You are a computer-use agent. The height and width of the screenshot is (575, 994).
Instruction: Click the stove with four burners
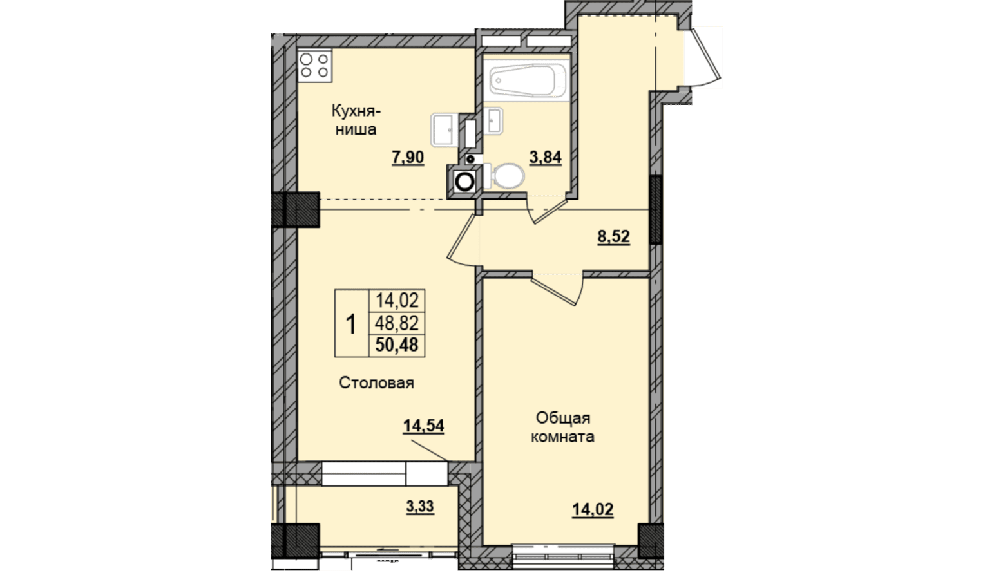tap(315, 66)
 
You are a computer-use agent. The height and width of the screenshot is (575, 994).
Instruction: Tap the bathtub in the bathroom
tap(528, 80)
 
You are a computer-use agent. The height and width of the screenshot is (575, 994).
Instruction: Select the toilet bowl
tap(506, 176)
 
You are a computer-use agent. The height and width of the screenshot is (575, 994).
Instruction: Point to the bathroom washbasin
tap(493, 120)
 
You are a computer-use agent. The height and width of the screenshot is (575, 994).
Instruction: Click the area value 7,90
tap(408, 157)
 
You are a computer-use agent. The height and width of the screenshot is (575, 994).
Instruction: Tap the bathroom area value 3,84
tap(546, 157)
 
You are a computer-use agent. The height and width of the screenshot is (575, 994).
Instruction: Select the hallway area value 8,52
tap(614, 236)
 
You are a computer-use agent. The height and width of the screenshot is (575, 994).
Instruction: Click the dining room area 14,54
tap(424, 426)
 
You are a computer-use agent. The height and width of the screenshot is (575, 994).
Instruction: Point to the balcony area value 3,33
tap(420, 506)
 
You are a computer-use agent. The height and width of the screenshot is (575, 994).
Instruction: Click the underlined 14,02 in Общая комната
tap(593, 509)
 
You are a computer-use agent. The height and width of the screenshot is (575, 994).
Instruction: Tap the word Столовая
tap(377, 383)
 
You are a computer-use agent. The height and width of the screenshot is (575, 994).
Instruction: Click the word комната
tap(562, 437)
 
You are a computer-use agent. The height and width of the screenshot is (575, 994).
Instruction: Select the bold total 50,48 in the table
tap(397, 344)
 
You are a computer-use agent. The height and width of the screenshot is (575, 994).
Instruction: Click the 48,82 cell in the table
tap(397, 323)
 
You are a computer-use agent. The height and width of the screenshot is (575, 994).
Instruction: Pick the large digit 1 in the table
tap(351, 324)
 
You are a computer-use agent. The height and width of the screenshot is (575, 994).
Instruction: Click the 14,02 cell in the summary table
tap(397, 301)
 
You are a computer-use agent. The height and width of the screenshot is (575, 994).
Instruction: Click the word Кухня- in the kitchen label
tap(356, 111)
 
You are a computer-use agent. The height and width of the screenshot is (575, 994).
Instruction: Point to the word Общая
tap(563, 418)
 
